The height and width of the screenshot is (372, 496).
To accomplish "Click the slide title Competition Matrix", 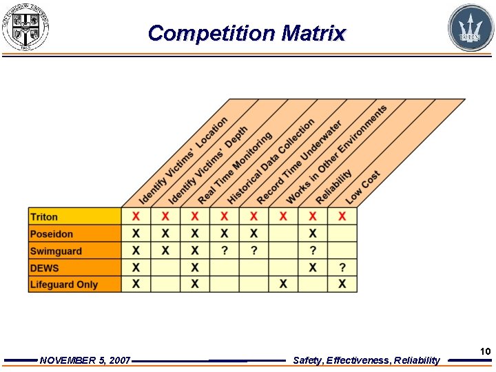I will click(247, 33).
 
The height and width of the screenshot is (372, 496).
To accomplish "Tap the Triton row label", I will click(44, 217).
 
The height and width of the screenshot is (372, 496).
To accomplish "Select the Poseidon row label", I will click(52, 234).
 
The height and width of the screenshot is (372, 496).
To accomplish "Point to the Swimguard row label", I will click(56, 251).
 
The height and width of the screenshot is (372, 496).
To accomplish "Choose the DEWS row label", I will click(45, 268).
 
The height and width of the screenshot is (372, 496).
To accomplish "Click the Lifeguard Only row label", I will click(64, 285).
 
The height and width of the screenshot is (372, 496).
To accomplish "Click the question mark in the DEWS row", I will click(342, 268).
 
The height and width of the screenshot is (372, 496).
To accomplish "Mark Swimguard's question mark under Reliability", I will click(313, 251).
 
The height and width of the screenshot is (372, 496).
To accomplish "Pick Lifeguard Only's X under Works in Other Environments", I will click(283, 285).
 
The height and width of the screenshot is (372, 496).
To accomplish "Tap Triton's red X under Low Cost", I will click(342, 217).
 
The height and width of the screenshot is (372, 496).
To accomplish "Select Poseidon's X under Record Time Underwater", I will click(254, 234).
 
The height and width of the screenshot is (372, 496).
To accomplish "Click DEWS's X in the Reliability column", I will click(313, 268).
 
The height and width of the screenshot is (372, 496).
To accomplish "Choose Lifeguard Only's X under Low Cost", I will click(342, 285).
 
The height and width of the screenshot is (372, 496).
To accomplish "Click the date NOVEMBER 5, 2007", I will click(85, 360).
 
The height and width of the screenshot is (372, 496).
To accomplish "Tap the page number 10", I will click(485, 352).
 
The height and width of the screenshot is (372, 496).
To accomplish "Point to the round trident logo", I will click(471, 28).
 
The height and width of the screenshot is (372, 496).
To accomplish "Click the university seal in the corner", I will click(25, 28).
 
